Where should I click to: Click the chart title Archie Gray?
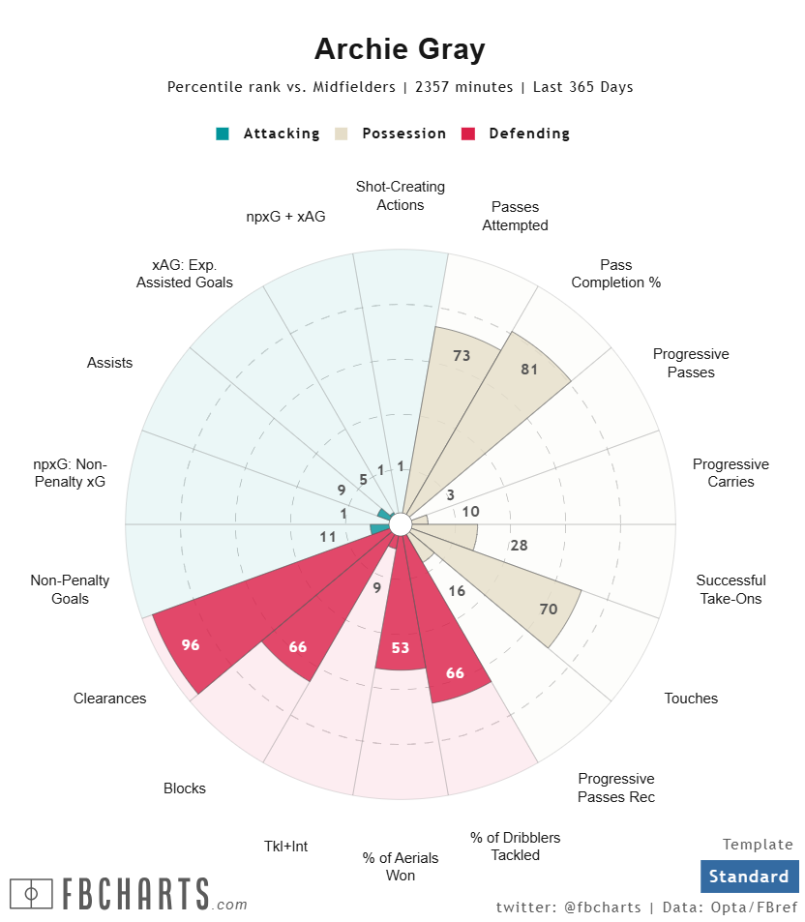tap(400, 49)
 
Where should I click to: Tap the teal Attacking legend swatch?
tap(223, 134)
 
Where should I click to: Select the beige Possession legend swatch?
tap(342, 134)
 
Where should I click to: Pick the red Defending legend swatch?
tap(468, 134)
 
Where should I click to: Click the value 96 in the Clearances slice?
tap(191, 644)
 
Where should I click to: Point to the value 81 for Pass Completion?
tap(529, 369)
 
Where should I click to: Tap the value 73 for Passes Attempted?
tap(462, 356)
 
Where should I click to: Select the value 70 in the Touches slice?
tap(549, 609)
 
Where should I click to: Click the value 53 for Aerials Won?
tap(401, 648)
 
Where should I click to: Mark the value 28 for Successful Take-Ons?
tap(519, 546)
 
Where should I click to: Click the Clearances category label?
tap(110, 699)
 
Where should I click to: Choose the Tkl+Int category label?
tap(285, 847)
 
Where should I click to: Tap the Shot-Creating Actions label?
tap(401, 195)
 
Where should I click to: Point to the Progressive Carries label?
tap(730, 473)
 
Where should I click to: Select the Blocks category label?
tap(185, 788)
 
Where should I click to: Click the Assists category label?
tap(109, 363)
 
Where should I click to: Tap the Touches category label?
tap(691, 699)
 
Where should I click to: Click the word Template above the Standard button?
tap(758, 845)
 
